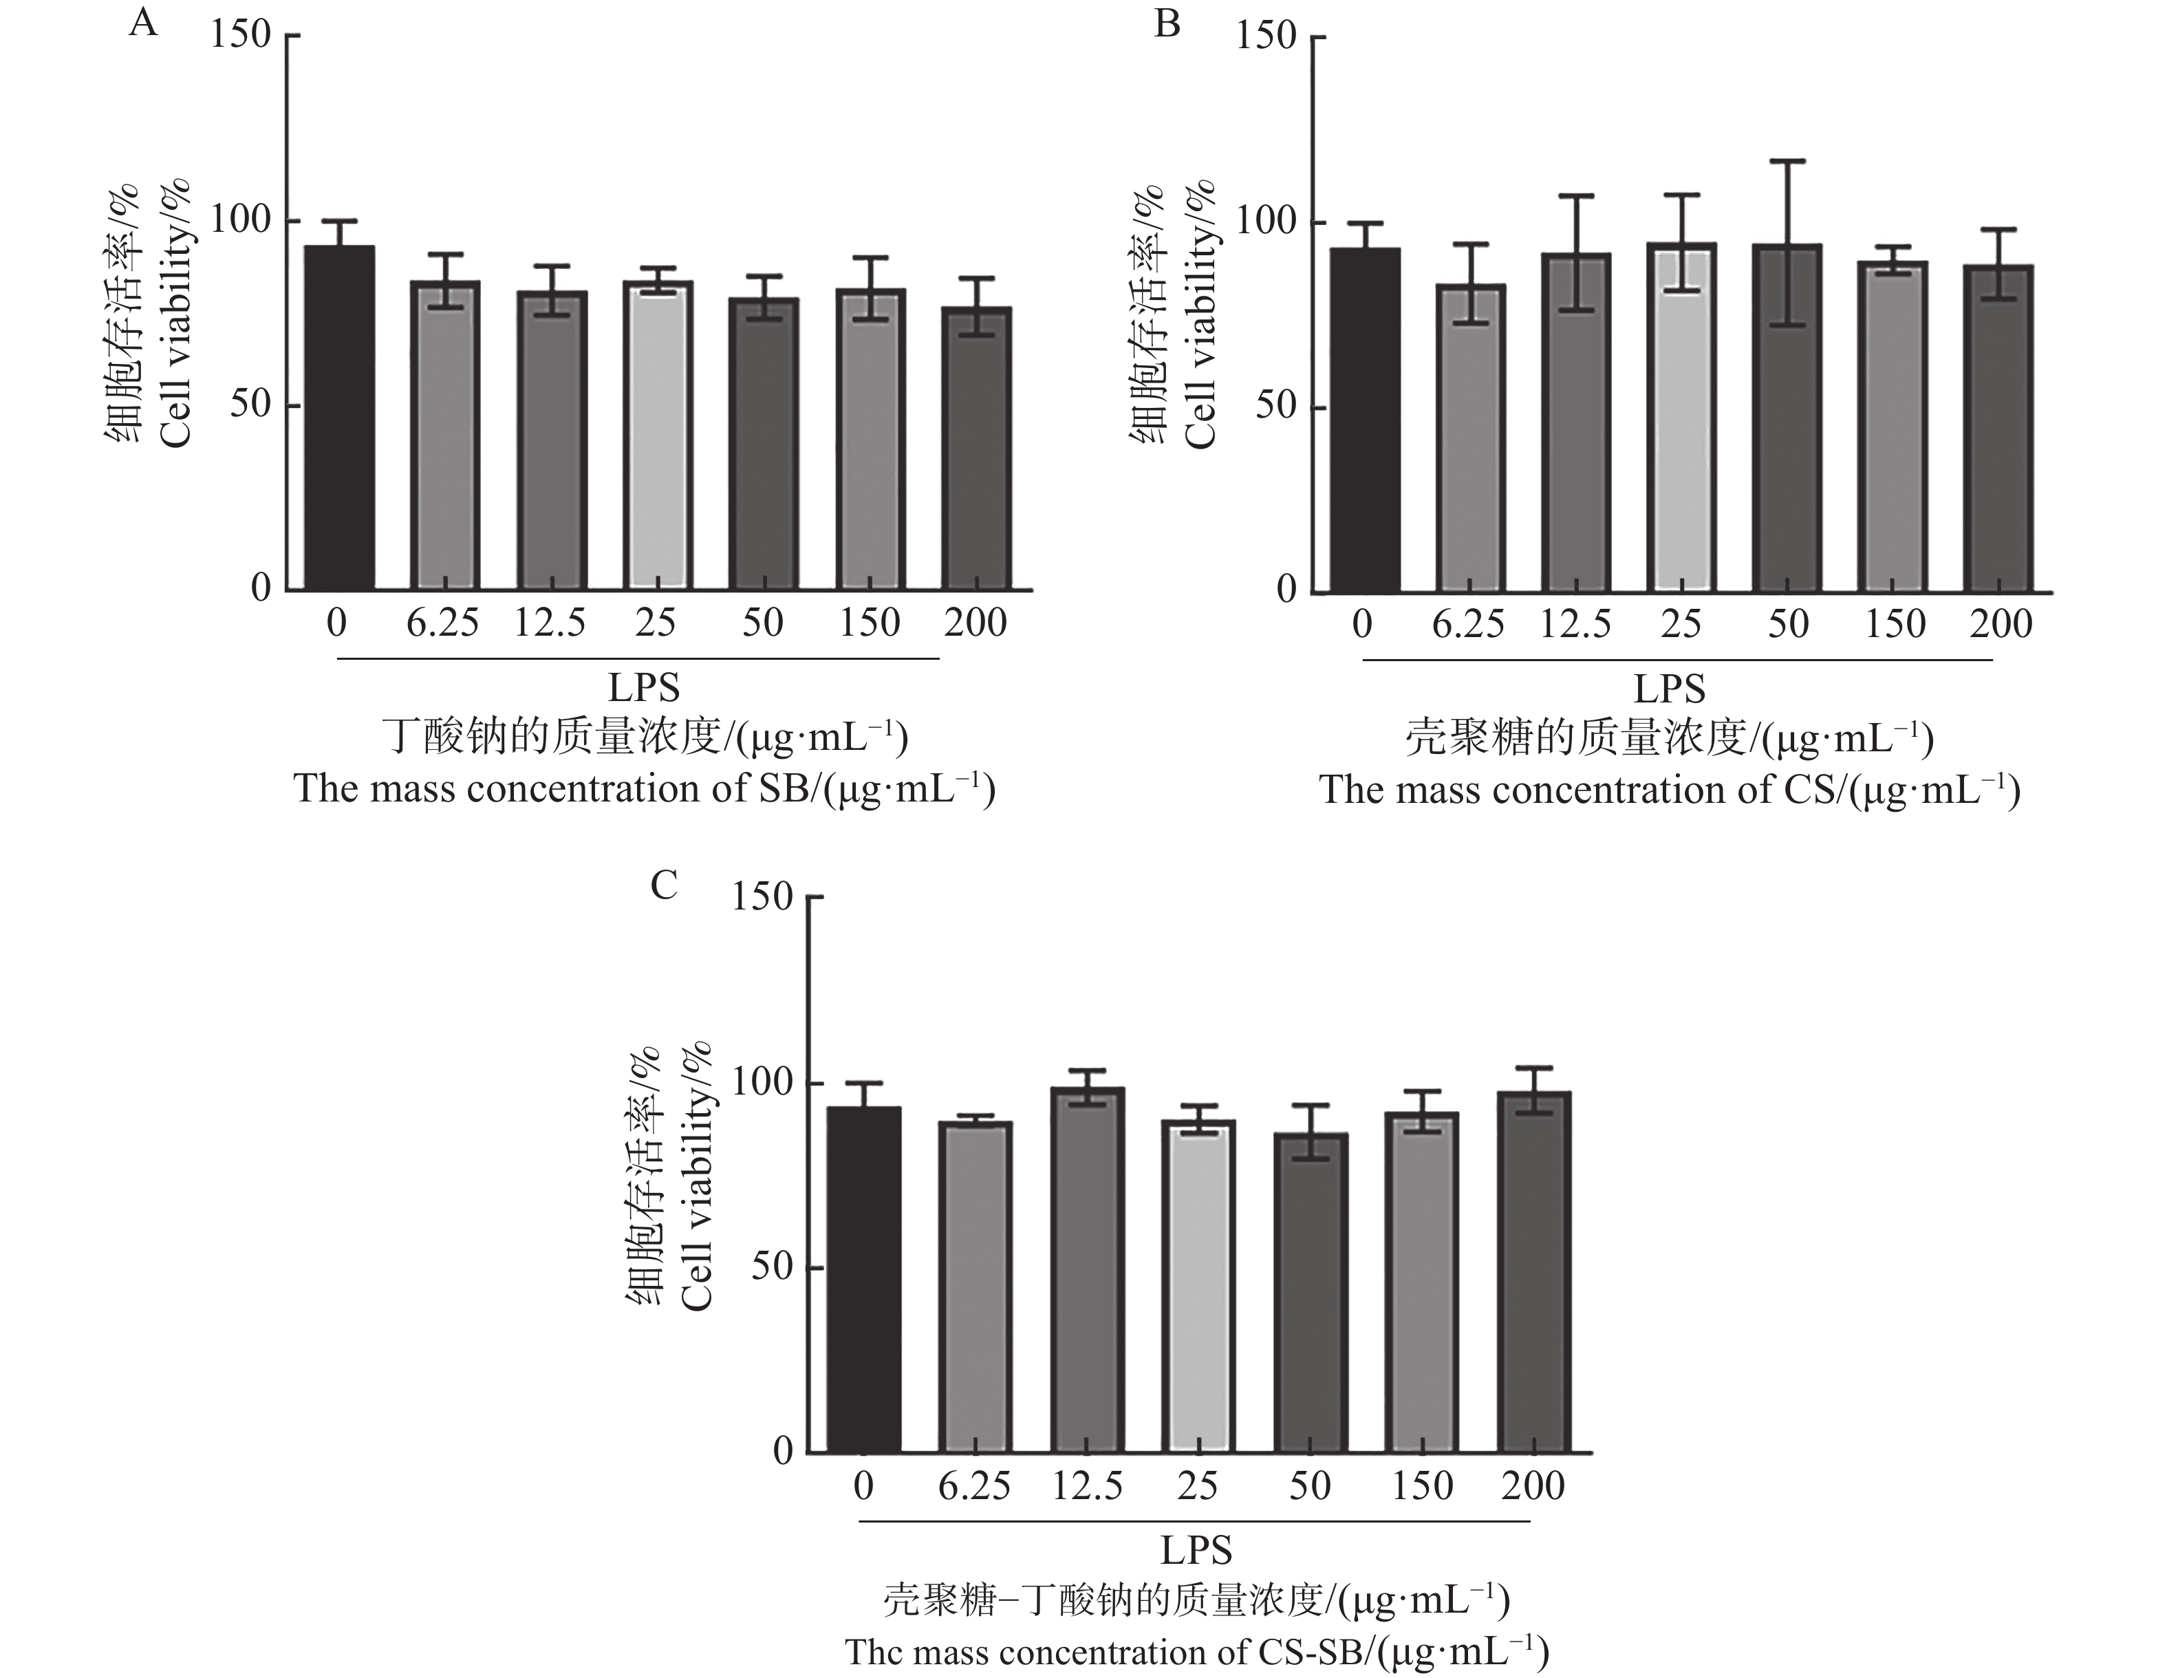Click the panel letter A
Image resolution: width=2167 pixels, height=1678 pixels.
tap(144, 22)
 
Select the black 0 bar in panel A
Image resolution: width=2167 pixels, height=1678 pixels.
tap(339, 417)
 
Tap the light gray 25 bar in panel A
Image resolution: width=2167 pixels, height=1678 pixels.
tap(658, 437)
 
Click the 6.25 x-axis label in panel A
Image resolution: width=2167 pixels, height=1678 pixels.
tap(442, 623)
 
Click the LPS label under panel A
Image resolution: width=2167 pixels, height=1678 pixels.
tap(644, 688)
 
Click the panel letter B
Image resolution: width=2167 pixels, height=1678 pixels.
tap(1168, 23)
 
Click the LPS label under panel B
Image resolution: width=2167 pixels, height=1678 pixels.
tap(1670, 689)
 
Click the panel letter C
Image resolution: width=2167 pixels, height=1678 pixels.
tap(664, 884)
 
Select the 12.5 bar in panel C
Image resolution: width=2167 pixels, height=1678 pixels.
tap(1088, 1270)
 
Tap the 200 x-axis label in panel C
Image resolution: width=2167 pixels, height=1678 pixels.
tap(1533, 1485)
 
